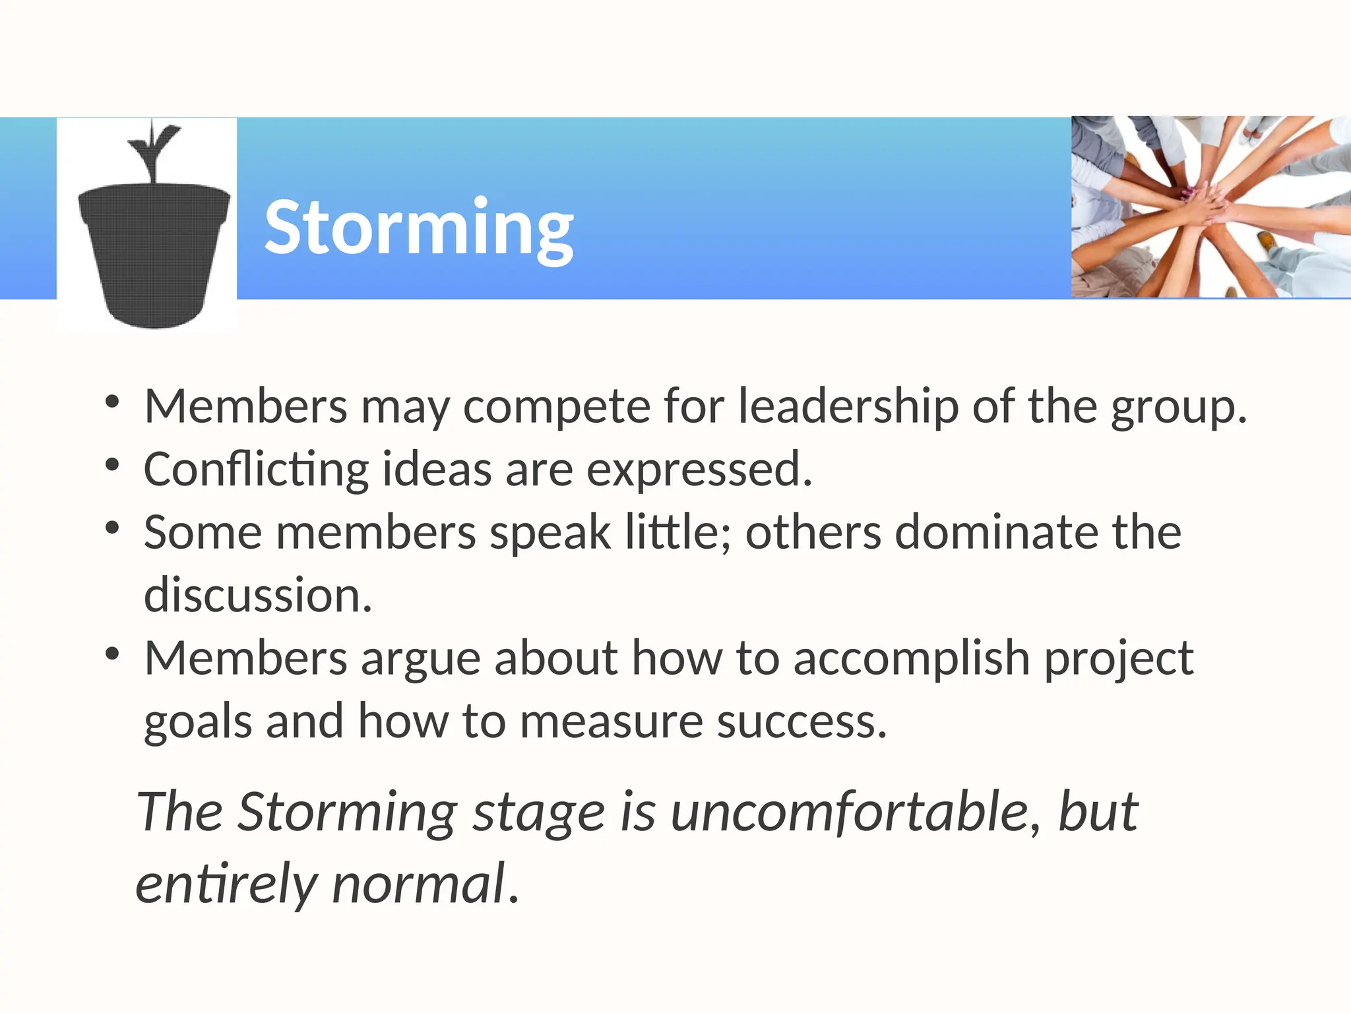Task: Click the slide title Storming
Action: (x=418, y=228)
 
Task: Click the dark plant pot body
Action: (x=154, y=254)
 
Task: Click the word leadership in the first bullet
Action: (x=848, y=406)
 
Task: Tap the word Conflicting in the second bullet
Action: (x=256, y=470)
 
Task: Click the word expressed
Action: (x=699, y=470)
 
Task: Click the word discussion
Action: (x=257, y=595)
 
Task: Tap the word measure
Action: (x=612, y=721)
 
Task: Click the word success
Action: (x=801, y=721)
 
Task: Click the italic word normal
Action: (x=419, y=884)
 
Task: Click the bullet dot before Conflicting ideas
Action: (x=112, y=465)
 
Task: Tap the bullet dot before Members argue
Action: (x=112, y=654)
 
